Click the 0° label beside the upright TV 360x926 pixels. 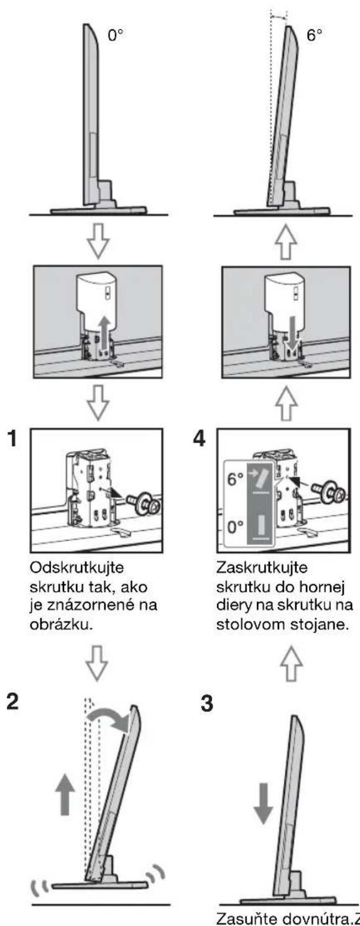[116, 35]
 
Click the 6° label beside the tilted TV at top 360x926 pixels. [314, 35]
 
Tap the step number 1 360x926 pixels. [13, 438]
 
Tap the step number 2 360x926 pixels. [13, 702]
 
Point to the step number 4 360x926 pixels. [200, 438]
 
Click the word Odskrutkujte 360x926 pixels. [77, 568]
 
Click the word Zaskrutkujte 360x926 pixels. [262, 568]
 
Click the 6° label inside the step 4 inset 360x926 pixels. [236, 479]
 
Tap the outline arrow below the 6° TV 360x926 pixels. [287, 242]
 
